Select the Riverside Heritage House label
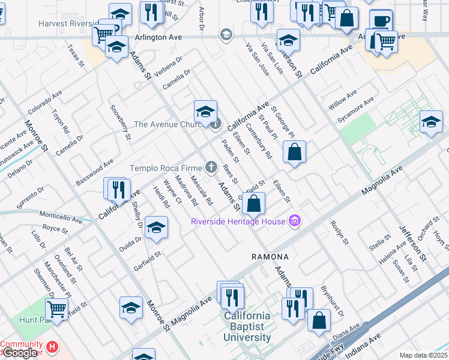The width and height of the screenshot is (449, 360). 238,221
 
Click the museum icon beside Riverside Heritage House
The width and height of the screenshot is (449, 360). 294,221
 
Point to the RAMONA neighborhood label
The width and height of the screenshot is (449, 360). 270,257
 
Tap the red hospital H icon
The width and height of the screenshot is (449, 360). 53,346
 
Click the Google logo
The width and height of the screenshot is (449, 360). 19,353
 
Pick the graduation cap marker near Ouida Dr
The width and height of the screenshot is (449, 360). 156,228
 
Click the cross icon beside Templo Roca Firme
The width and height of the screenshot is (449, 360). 211,167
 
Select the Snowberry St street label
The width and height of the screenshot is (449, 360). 121,123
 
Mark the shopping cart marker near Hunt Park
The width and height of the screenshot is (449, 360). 57,310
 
